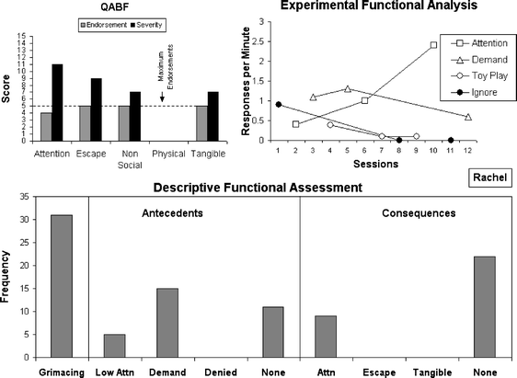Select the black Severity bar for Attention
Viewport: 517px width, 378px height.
[x=57, y=101]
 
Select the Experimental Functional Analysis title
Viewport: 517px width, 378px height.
[x=370, y=6]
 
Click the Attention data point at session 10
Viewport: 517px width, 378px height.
[x=433, y=44]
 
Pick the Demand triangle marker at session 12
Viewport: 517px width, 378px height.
[x=468, y=117]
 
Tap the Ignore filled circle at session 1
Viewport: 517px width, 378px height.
[x=277, y=104]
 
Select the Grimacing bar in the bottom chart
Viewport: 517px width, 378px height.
[x=60, y=285]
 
